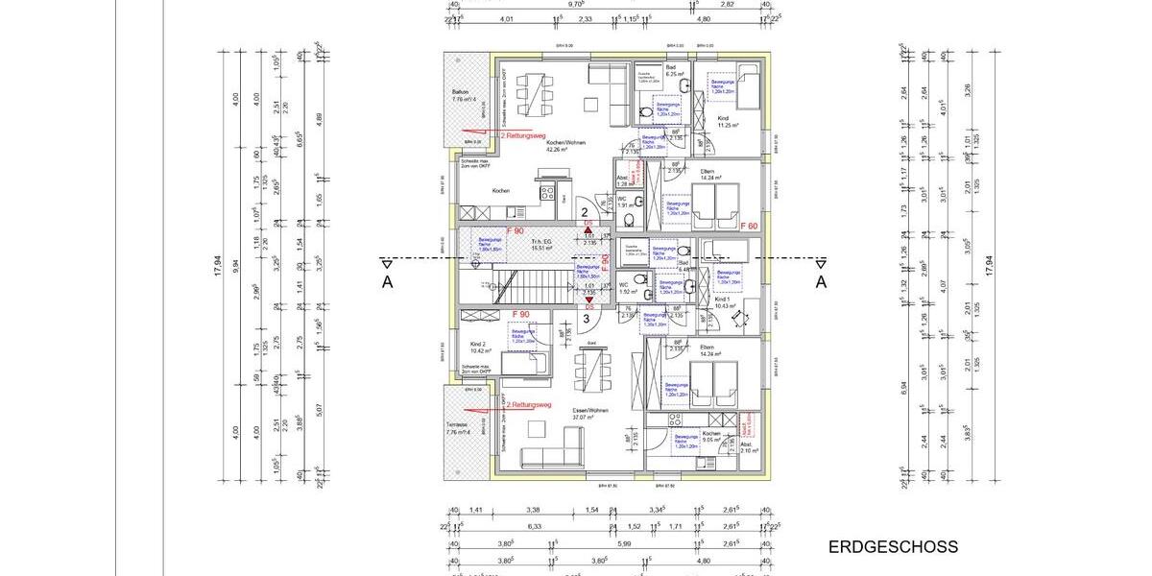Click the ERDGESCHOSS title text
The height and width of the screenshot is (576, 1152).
pyautogui.click(x=893, y=547)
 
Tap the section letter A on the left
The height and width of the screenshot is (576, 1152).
pyautogui.click(x=387, y=281)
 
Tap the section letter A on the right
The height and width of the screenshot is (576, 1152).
pyautogui.click(x=821, y=281)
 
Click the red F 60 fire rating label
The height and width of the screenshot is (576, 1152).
pyautogui.click(x=751, y=226)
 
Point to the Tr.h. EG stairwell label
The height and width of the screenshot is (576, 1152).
pyautogui.click(x=544, y=245)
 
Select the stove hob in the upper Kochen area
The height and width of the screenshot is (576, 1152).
pyautogui.click(x=546, y=193)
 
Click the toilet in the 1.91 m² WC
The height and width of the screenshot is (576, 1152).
pyautogui.click(x=628, y=220)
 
